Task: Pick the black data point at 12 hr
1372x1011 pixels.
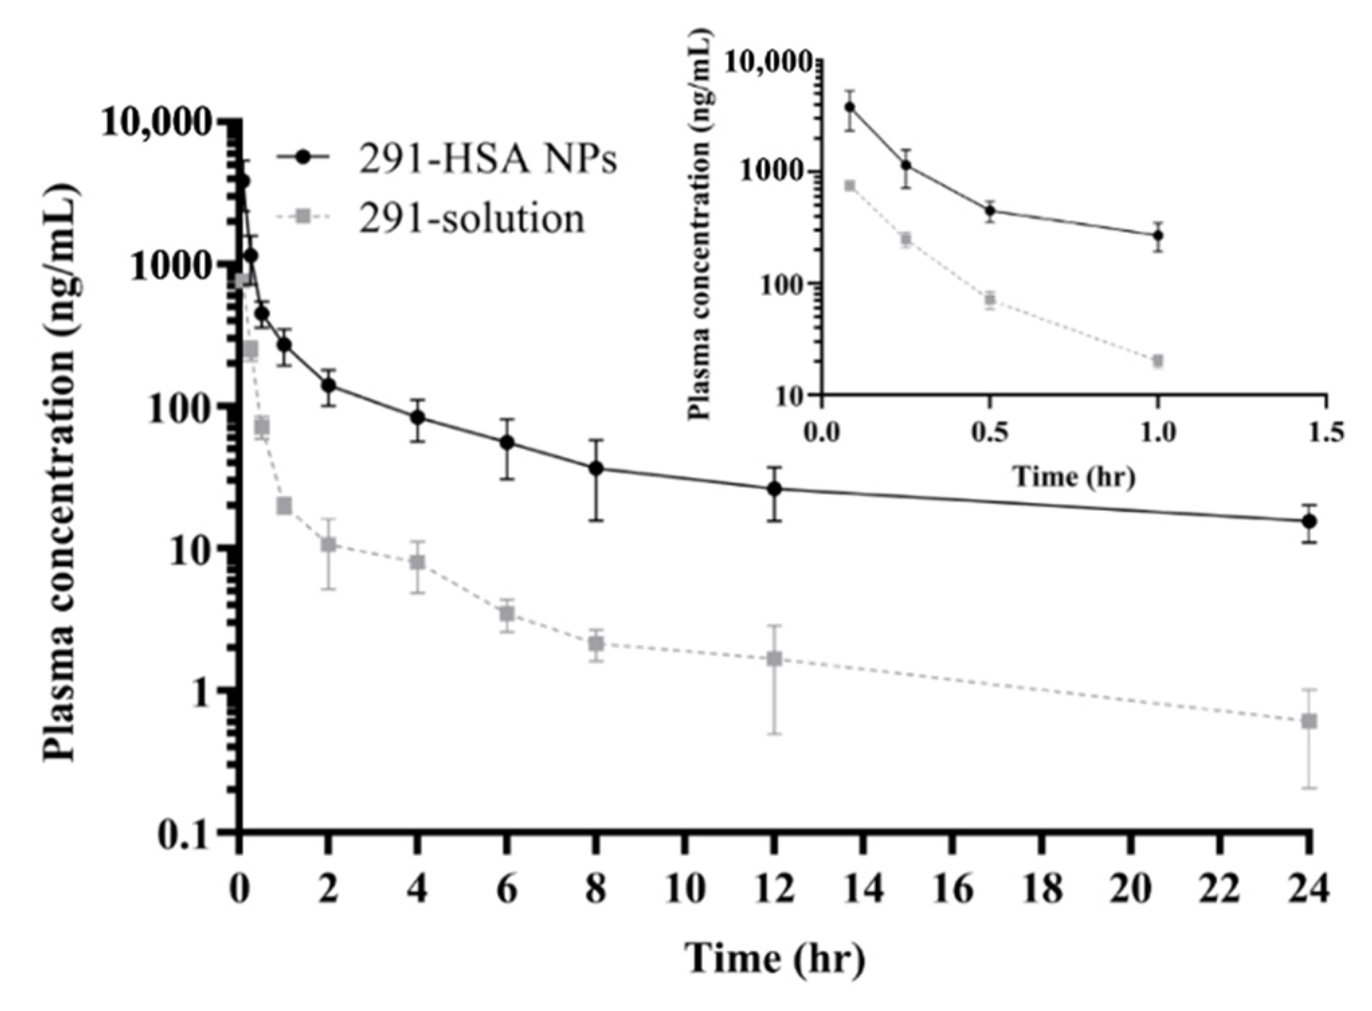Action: (775, 489)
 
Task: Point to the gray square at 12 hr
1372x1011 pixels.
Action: (775, 659)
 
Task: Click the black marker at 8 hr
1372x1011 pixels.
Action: (596, 469)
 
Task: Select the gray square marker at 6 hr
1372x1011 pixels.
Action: (507, 614)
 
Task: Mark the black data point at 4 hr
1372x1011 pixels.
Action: (418, 417)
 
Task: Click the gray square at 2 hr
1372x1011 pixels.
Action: (328, 544)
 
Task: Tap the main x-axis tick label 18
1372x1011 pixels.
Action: (1042, 890)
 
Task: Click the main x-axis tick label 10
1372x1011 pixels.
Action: (685, 890)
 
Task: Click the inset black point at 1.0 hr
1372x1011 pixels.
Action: (1157, 236)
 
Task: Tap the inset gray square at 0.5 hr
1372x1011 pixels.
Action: (989, 299)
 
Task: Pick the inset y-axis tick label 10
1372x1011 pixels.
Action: (794, 396)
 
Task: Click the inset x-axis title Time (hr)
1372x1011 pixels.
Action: (1074, 477)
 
